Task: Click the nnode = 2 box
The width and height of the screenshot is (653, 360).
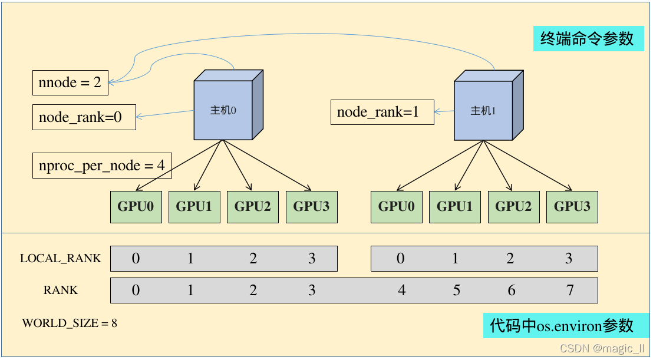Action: click(70, 83)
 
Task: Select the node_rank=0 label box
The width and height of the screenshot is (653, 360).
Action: click(84, 117)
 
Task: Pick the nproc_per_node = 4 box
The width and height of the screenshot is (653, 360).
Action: click(102, 166)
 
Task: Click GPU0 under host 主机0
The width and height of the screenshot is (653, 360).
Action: click(136, 207)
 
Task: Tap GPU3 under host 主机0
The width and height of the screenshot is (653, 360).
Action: click(312, 207)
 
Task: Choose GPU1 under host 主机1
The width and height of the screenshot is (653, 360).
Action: click(454, 207)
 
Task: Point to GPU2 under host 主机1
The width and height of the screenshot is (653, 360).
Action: click(513, 207)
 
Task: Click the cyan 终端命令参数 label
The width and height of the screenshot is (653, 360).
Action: click(588, 39)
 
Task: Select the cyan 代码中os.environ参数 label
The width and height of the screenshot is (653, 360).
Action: click(562, 325)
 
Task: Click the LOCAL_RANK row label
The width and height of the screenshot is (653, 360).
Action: click(60, 258)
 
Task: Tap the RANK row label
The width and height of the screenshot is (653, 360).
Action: click(60, 290)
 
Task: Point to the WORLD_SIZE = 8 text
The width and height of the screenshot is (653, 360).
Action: click(70, 323)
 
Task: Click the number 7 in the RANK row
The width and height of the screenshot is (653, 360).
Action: click(569, 290)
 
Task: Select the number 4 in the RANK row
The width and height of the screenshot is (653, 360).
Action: click(401, 290)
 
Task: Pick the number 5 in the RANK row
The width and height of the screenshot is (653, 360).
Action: click(456, 290)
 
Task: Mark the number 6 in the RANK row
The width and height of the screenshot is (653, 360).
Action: click(511, 290)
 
